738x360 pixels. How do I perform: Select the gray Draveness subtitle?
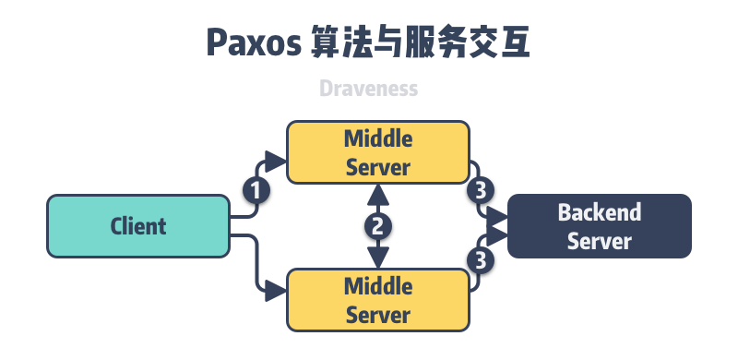[x=369, y=89]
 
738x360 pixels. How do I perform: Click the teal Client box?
[x=137, y=225]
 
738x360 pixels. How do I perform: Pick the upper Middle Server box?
[x=378, y=152]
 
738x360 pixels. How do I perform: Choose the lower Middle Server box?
[x=378, y=299]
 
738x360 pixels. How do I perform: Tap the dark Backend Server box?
[x=599, y=226]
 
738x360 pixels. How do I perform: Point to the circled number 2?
[x=377, y=225]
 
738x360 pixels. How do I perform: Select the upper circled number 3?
[x=479, y=191]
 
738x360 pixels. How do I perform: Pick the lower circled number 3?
[x=479, y=260]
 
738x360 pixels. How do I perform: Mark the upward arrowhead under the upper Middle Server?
[x=377, y=194]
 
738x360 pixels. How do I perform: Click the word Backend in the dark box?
[x=599, y=213]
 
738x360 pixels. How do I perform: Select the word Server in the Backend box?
[x=599, y=241]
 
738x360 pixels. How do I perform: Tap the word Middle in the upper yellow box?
[x=378, y=139]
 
